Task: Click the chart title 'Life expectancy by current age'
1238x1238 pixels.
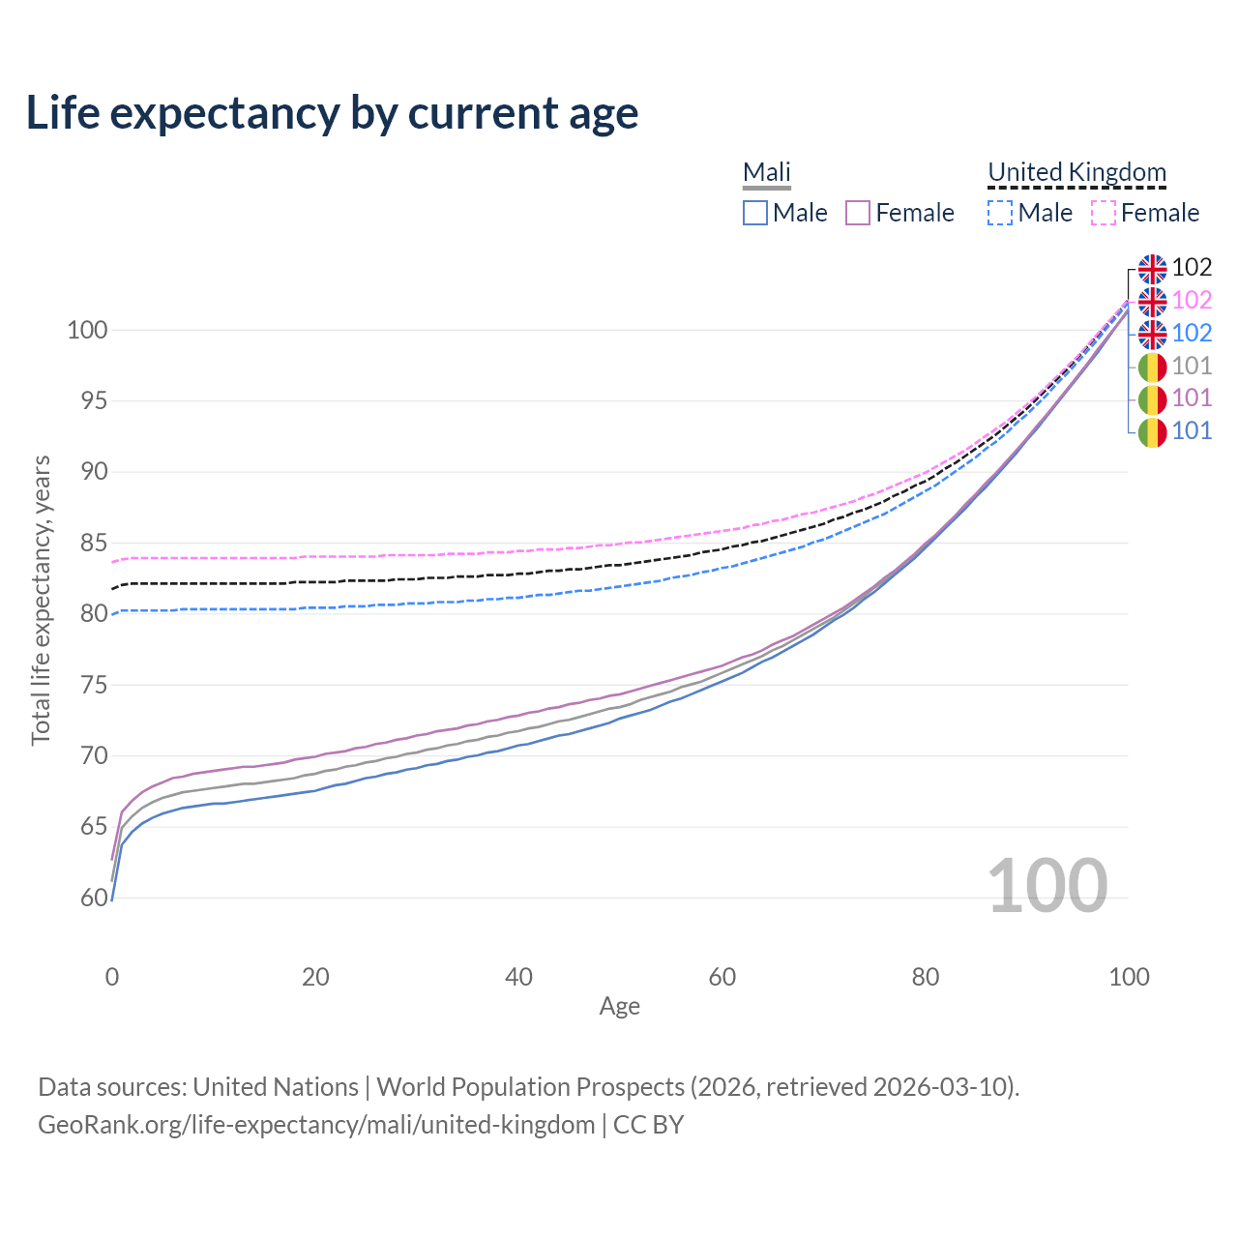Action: [x=332, y=112]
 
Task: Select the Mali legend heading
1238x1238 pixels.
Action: [x=767, y=172]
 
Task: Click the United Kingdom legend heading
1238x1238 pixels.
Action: [x=1076, y=172]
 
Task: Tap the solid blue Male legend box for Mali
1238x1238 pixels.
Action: [x=755, y=213]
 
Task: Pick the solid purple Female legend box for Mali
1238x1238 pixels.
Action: [x=858, y=213]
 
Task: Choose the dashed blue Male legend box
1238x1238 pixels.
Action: [x=1000, y=213]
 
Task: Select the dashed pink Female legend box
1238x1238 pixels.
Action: [x=1104, y=213]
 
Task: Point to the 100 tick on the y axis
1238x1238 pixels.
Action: [x=87, y=330]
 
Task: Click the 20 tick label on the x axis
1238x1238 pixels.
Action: [x=315, y=977]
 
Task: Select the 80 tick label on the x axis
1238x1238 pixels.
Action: [x=926, y=977]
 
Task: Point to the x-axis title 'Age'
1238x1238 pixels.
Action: [x=620, y=1007]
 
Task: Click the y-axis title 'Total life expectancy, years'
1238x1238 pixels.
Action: [x=41, y=600]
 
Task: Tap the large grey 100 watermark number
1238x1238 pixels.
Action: [x=1047, y=885]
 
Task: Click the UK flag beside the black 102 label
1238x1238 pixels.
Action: [x=1152, y=269]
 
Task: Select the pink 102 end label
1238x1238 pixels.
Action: [x=1192, y=300]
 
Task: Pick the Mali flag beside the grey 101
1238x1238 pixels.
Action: [x=1152, y=368]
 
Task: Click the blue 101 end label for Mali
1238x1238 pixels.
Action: [x=1192, y=430]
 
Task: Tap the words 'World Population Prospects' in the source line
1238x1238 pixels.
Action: [x=530, y=1087]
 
